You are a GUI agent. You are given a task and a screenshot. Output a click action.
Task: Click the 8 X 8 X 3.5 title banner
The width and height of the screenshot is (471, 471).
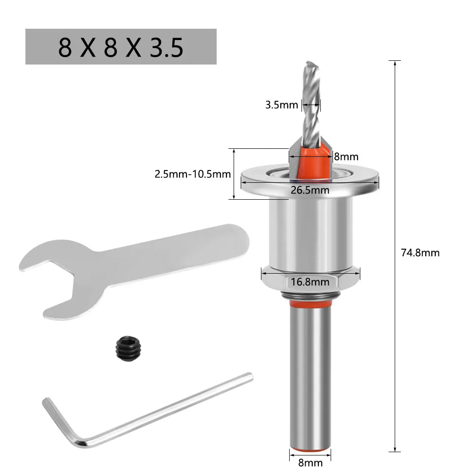click(121, 47)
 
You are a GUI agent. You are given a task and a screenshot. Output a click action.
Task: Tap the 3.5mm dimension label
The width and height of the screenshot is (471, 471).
click(282, 105)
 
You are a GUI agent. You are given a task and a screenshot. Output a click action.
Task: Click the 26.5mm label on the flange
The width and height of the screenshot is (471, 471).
click(310, 190)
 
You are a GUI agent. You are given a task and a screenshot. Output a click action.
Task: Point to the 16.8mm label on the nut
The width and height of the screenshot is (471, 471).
click(310, 282)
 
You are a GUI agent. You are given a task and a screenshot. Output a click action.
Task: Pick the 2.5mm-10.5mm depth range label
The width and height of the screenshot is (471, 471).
click(193, 174)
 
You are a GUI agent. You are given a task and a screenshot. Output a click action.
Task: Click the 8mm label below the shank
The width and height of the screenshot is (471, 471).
click(310, 462)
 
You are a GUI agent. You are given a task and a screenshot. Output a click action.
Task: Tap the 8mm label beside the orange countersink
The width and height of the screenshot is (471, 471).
click(346, 156)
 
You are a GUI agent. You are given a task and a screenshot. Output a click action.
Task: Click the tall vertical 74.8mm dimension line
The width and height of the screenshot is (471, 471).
click(394, 330)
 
